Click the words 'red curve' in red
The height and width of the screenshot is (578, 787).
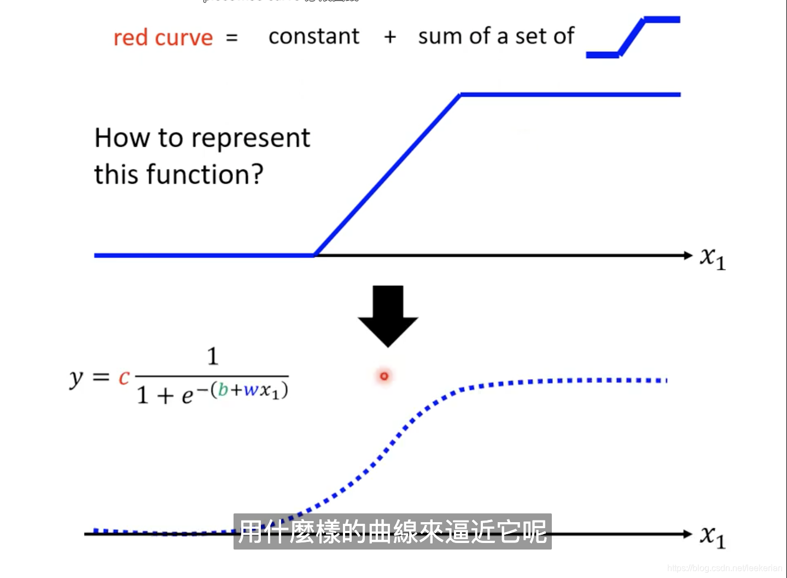[x=162, y=38]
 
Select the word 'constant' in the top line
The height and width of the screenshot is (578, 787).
[x=314, y=37]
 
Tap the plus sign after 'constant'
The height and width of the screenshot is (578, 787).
[x=390, y=37]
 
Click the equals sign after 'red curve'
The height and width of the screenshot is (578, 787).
[x=232, y=38]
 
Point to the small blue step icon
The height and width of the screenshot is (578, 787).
[x=633, y=37]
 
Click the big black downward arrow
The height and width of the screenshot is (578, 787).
[x=388, y=315]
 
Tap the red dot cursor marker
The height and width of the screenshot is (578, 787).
[x=384, y=376]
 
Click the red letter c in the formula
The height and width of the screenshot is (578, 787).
[x=124, y=377]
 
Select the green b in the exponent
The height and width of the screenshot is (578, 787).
[x=223, y=389]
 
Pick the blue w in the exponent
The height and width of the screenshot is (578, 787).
[x=251, y=390]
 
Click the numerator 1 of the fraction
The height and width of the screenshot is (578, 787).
[x=213, y=357]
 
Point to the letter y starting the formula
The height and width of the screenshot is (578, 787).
[x=76, y=378]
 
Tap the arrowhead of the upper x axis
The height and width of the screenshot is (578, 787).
[x=688, y=255]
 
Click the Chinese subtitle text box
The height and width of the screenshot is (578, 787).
[x=392, y=531]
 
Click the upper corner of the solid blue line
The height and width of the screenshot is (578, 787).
[x=461, y=95]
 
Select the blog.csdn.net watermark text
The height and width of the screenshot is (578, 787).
[x=724, y=568]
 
